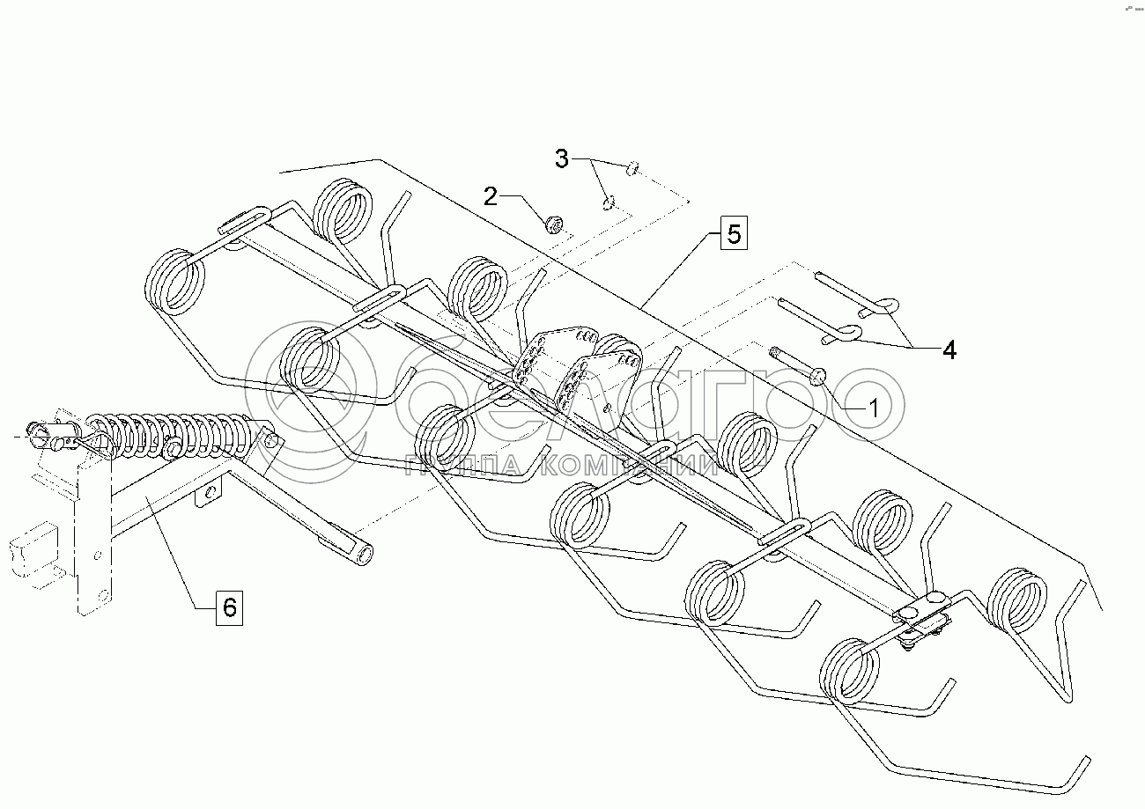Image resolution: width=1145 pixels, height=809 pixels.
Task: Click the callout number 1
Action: tap(873, 408)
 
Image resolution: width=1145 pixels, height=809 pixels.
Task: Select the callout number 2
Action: tap(491, 196)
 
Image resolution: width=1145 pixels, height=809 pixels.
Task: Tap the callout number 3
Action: tap(562, 159)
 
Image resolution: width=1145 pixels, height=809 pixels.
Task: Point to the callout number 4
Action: tap(948, 349)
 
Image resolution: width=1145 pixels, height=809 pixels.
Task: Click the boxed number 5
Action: tap(734, 235)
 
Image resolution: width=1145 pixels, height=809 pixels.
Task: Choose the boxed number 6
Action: tap(228, 607)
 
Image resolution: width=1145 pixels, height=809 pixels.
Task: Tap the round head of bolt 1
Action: tap(818, 376)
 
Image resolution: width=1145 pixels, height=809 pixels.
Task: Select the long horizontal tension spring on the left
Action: tap(176, 434)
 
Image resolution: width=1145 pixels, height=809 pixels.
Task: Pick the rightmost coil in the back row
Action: tap(1017, 602)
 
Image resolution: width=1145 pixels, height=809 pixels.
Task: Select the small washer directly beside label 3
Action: tap(632, 167)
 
